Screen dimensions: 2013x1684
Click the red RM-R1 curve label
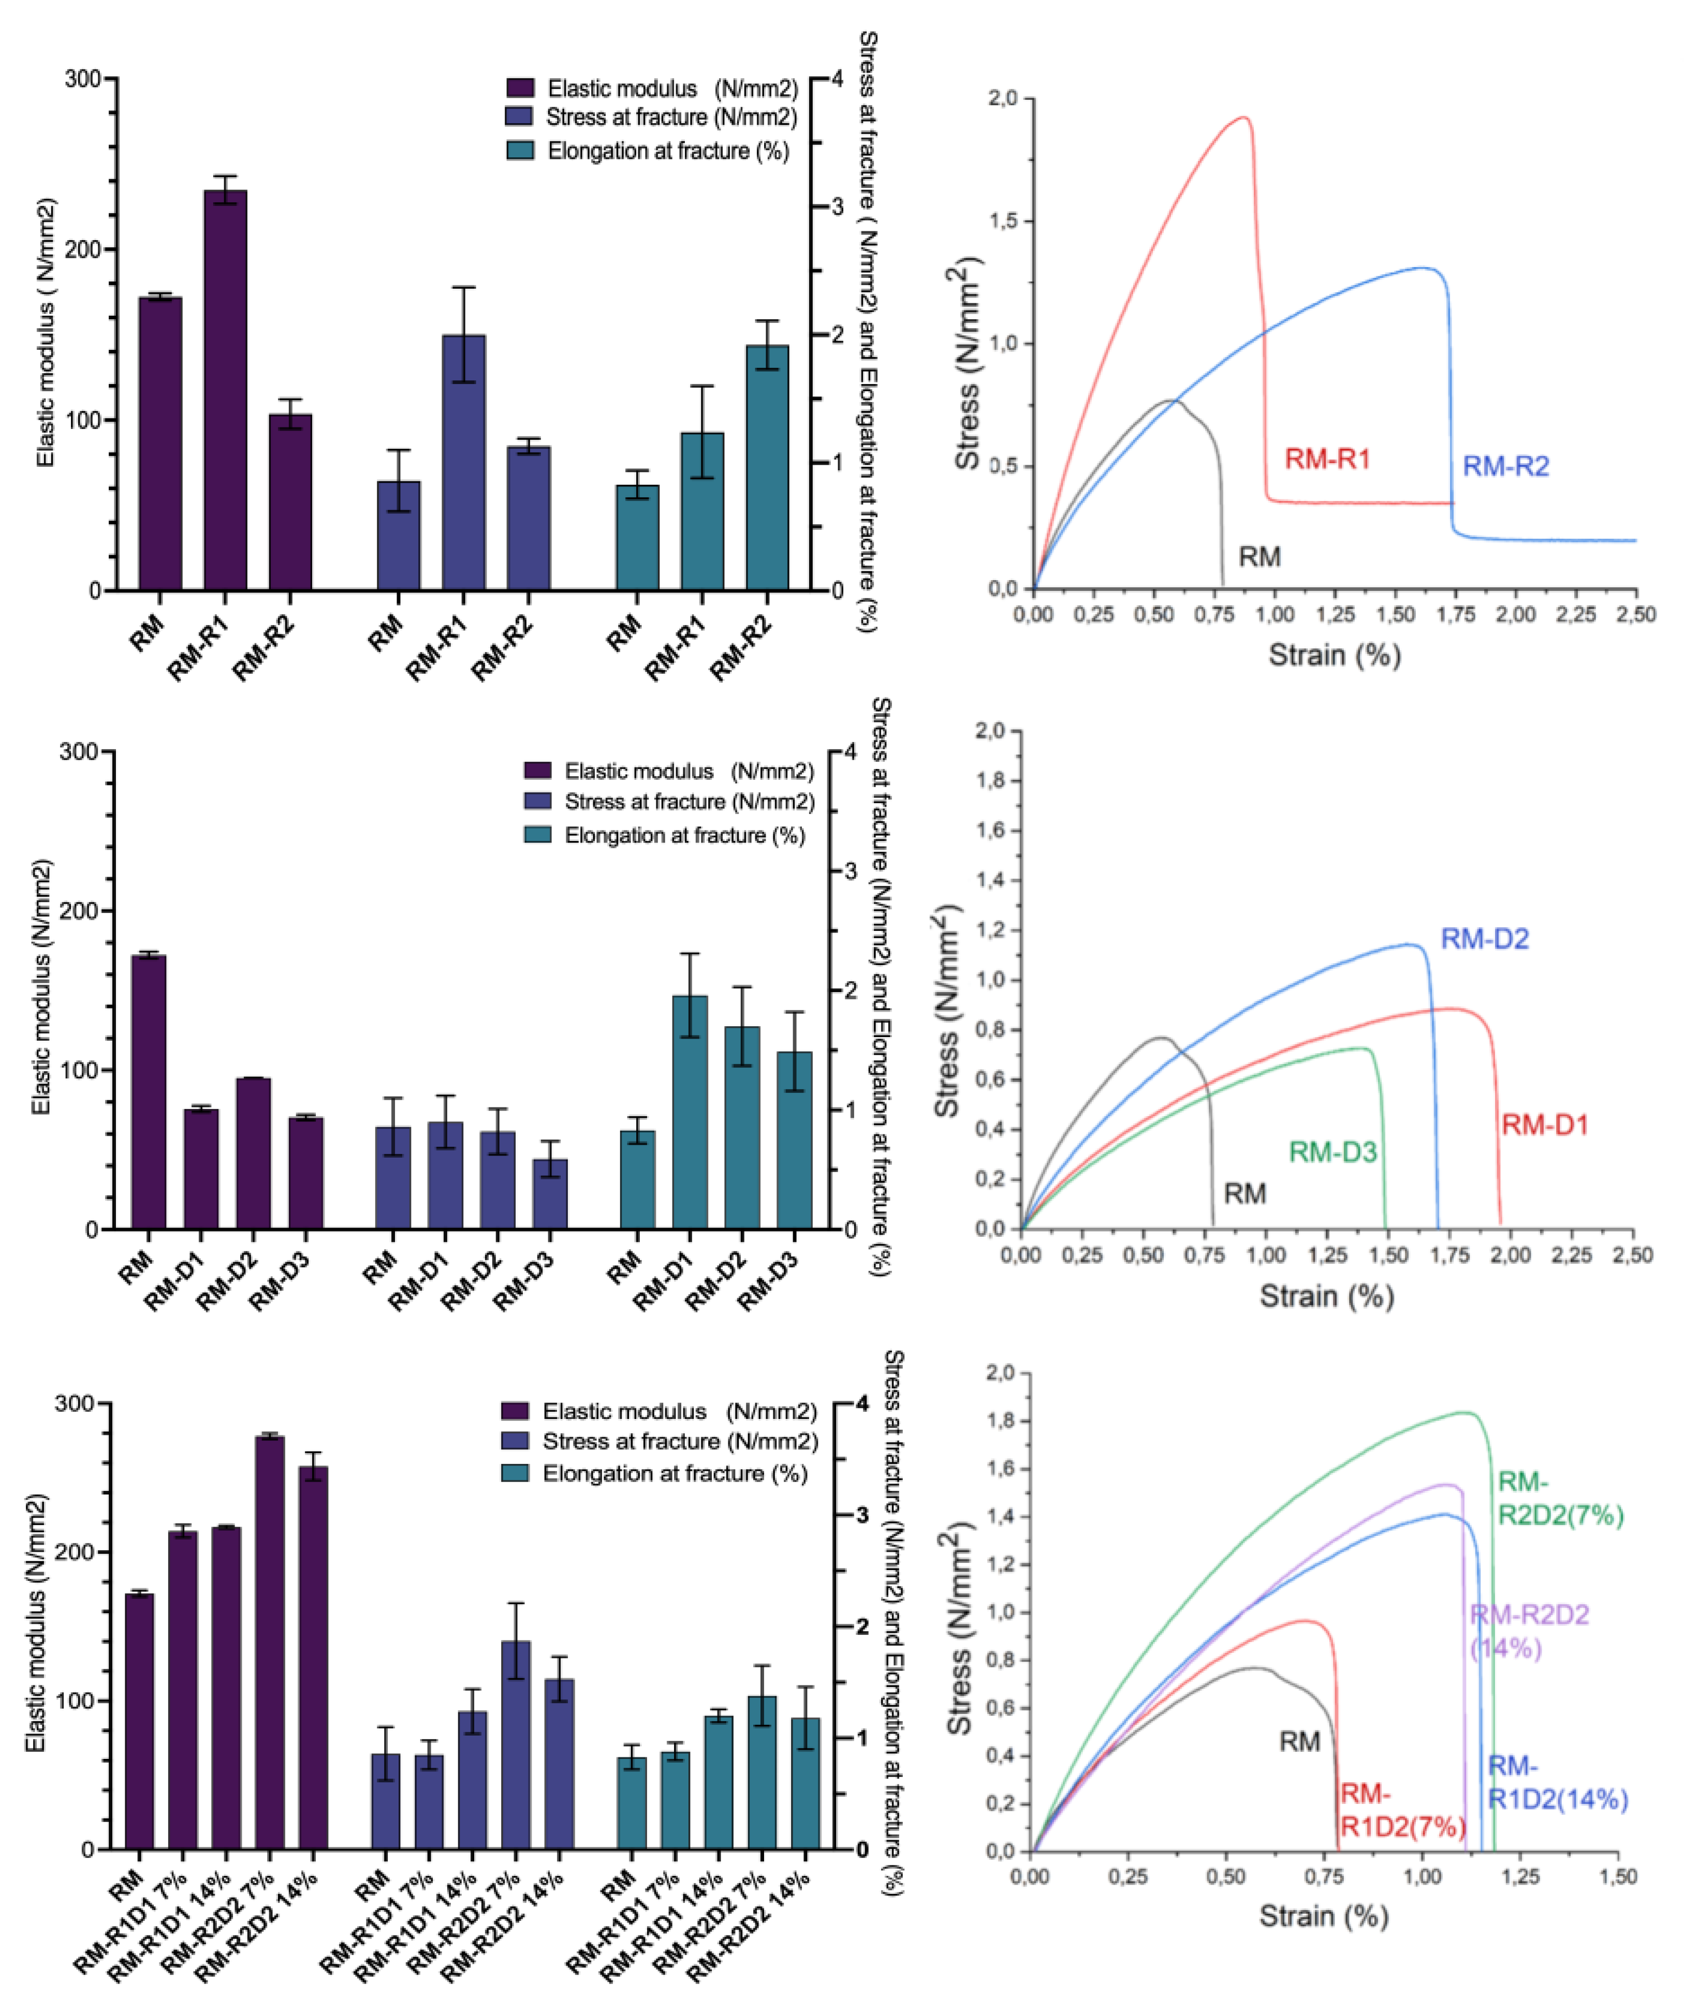click(1327, 459)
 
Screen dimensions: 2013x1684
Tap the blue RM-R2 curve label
click(1505, 467)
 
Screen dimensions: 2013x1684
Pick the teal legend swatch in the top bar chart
click(520, 151)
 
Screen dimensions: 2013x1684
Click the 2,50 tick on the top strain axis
click(1635, 614)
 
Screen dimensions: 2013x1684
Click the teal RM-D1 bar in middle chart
click(690, 1112)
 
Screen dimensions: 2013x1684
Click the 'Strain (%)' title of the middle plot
click(1326, 1296)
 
